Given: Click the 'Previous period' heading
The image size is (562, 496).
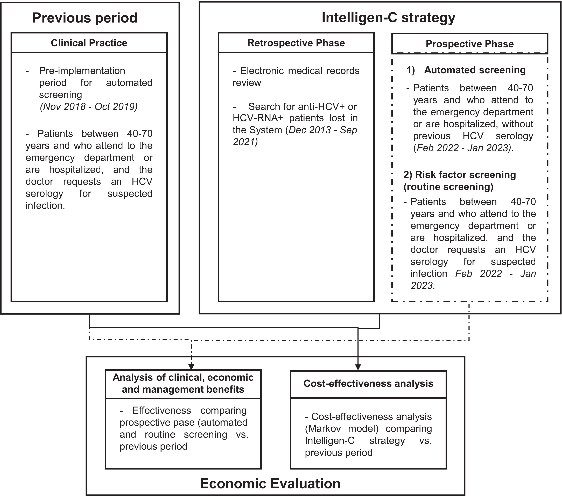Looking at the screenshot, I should (85, 18).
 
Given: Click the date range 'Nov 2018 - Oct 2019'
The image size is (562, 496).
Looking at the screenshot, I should (89, 106).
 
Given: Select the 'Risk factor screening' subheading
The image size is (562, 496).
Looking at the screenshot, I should (460, 175).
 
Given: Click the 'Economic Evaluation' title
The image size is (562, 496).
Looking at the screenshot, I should (270, 484).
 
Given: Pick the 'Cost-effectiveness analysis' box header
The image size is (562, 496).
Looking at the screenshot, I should (368, 383).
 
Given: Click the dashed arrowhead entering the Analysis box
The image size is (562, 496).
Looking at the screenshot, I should (191, 367).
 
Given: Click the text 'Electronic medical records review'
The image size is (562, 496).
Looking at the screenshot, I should (296, 77).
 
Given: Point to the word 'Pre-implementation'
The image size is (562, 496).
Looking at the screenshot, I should (82, 71).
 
